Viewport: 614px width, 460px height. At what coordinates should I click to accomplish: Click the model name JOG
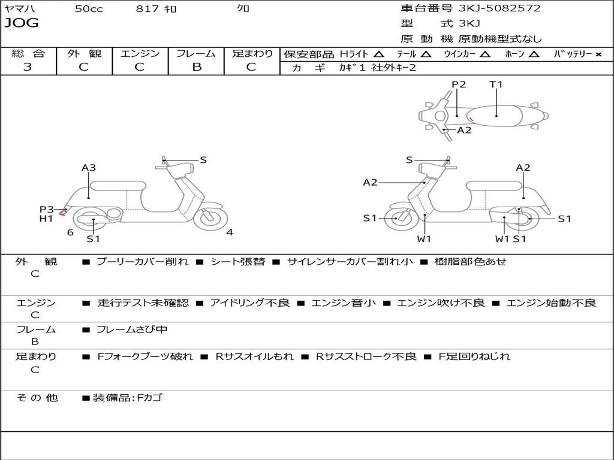click(22, 23)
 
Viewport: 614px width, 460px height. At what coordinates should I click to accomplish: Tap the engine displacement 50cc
click(89, 8)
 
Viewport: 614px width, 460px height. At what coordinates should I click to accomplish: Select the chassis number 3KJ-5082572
click(499, 8)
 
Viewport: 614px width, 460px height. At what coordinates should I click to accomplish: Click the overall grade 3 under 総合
click(28, 66)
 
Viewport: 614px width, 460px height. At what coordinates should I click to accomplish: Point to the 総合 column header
click(28, 53)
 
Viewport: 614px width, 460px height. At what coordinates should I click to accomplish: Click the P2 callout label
click(459, 84)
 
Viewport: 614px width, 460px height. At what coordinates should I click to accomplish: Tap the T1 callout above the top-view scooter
click(496, 84)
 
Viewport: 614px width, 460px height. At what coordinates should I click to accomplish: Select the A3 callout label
click(89, 168)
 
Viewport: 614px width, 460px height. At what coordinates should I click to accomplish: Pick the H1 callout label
click(46, 219)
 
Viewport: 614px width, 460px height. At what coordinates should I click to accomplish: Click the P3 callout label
click(46, 209)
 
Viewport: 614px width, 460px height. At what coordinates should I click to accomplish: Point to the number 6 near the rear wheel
click(70, 232)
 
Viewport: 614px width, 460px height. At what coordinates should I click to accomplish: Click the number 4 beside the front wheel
click(230, 232)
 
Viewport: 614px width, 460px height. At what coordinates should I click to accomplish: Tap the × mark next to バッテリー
click(598, 54)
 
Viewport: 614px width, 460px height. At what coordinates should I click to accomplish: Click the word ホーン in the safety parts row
click(514, 54)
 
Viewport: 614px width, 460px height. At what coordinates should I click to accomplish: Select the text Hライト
click(354, 54)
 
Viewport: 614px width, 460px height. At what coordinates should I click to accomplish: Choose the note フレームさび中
click(132, 329)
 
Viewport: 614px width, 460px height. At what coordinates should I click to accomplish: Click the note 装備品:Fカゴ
click(127, 398)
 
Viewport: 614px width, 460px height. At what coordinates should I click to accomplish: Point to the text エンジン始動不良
click(551, 303)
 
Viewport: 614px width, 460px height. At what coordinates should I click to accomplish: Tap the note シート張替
click(237, 262)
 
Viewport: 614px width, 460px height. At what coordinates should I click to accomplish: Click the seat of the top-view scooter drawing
click(496, 115)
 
